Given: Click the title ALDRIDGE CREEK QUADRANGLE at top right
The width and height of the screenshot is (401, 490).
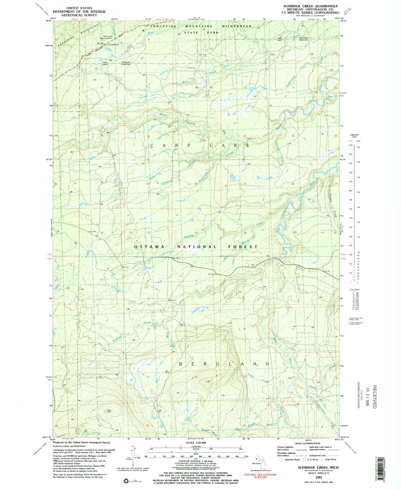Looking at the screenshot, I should (310, 6).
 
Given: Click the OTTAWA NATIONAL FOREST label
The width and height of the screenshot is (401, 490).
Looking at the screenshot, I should (196, 247).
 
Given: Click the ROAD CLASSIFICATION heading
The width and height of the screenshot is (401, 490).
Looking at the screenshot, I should (307, 443).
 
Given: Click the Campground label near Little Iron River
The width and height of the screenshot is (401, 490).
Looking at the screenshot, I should (113, 44).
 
